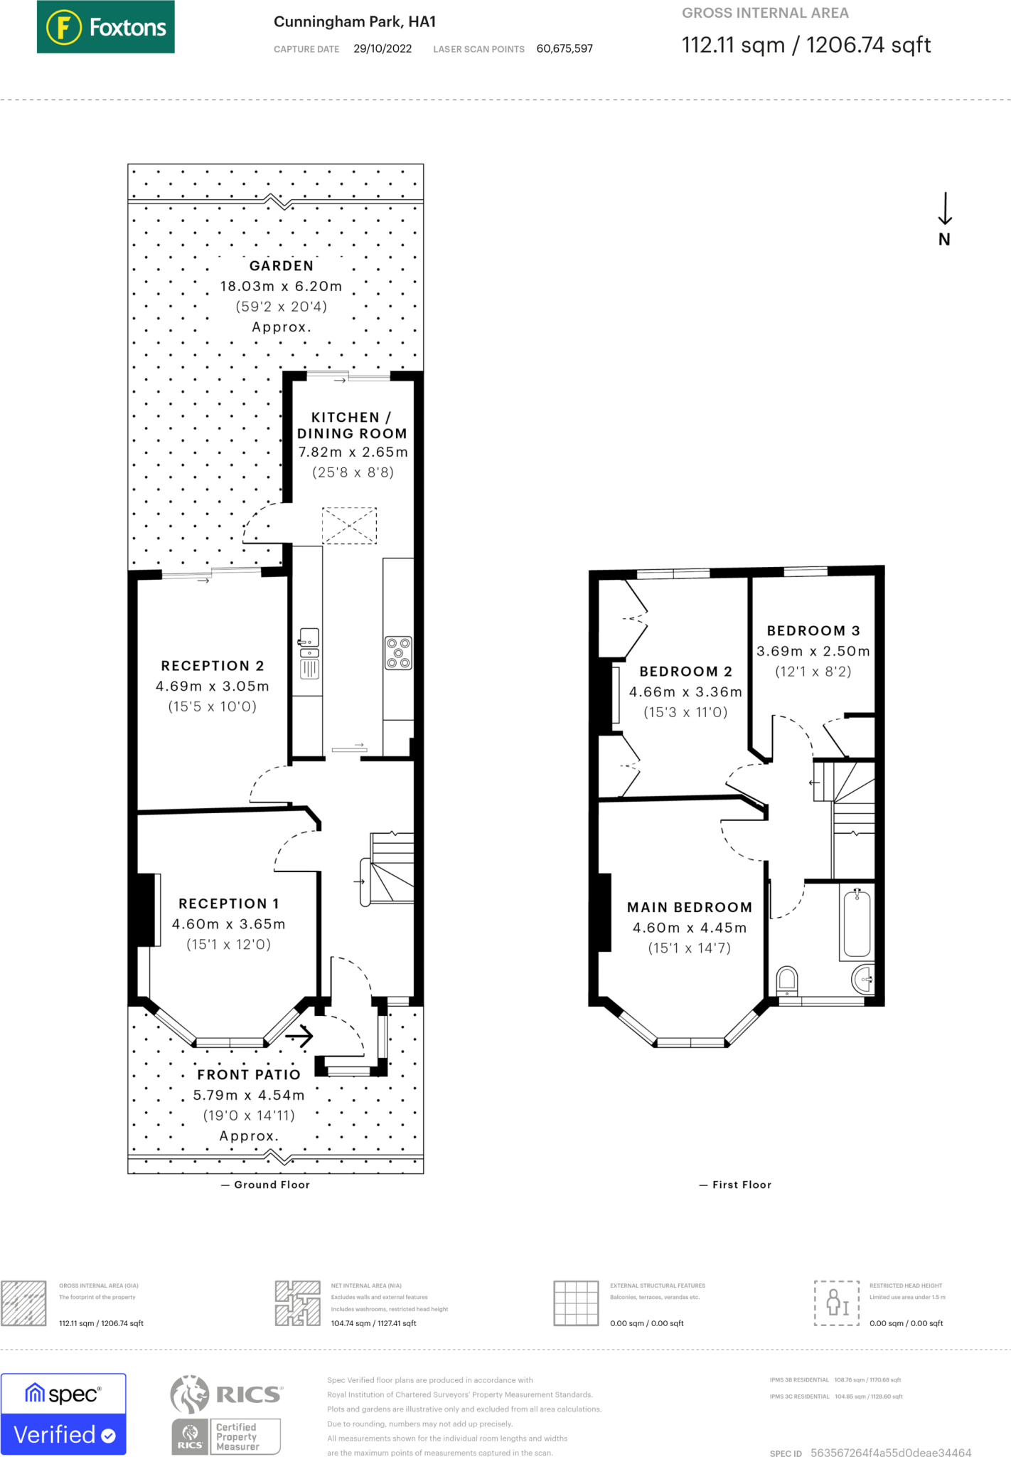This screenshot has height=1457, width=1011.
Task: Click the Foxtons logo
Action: pyautogui.click(x=105, y=27)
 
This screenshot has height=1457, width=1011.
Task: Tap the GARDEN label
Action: pyautogui.click(x=281, y=265)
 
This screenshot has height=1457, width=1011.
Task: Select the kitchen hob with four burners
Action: pyautogui.click(x=398, y=652)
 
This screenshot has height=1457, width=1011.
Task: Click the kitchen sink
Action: pyautogui.click(x=309, y=638)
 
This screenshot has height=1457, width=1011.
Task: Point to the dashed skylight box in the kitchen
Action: pyautogui.click(x=349, y=526)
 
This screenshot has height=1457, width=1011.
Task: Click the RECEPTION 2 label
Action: pyautogui.click(x=212, y=666)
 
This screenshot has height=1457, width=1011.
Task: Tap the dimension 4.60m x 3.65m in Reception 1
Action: pyautogui.click(x=228, y=924)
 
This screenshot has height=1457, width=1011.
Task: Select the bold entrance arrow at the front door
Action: pyautogui.click(x=299, y=1036)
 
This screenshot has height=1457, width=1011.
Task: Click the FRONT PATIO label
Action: pyautogui.click(x=249, y=1074)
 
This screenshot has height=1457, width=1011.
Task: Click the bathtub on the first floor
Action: pyautogui.click(x=857, y=923)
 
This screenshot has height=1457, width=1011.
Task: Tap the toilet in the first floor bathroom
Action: pyautogui.click(x=786, y=980)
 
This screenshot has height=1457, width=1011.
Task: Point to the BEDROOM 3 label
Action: pyautogui.click(x=813, y=630)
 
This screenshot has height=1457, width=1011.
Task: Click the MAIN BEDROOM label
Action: pyautogui.click(x=689, y=907)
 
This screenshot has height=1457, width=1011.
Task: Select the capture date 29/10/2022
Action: pyautogui.click(x=383, y=48)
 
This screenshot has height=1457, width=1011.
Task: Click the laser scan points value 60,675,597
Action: pyautogui.click(x=565, y=48)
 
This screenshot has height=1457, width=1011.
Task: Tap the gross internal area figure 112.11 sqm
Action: pyautogui.click(x=732, y=45)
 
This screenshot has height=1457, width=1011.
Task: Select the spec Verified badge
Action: pyautogui.click(x=63, y=1414)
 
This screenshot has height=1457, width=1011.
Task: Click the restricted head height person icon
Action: pyautogui.click(x=837, y=1303)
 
